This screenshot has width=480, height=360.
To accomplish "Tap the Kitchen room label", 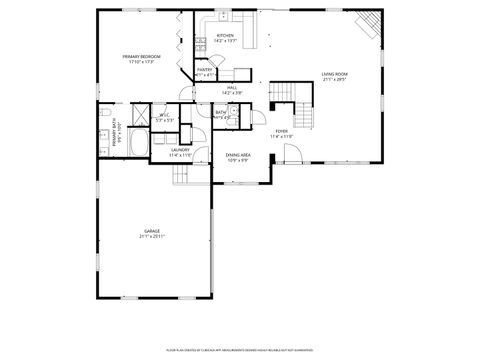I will coord(226,37).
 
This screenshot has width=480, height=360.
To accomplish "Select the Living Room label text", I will coord(334,75).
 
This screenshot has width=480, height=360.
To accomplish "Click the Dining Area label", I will coord(238,156).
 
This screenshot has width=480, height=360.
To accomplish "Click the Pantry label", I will coord(204,71).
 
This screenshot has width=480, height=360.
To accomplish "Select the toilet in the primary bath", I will coord(105,118).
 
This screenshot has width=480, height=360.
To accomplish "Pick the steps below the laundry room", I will coord(182,175).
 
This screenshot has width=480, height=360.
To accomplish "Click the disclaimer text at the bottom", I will coord(239,351).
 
